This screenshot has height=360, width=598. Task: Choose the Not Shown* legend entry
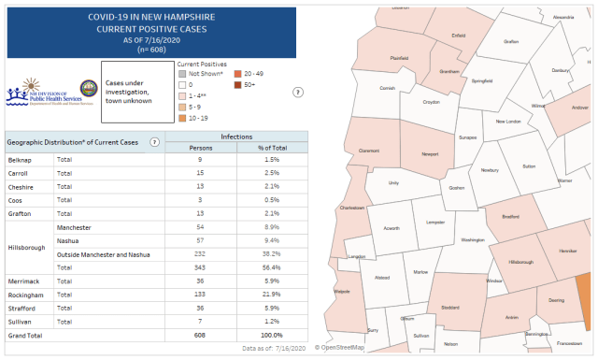206,73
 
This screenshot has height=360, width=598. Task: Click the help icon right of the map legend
298,92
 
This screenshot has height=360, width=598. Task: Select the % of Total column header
274,147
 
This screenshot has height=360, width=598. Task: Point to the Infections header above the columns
235,136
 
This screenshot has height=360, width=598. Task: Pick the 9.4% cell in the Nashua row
274,239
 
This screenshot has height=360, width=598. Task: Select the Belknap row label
20,160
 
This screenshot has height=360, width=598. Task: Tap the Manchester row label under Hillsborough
74,226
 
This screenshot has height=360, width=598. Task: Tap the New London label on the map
507,122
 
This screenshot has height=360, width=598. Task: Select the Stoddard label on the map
449,306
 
